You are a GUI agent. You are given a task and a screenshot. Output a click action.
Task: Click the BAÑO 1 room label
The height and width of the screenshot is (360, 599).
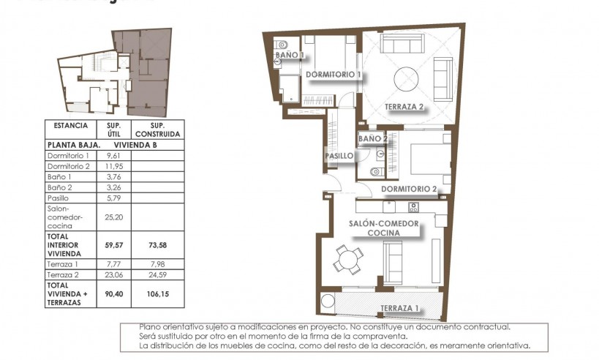click(289, 55)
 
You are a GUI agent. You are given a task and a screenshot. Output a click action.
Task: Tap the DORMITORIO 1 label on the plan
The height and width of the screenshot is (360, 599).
click(334, 75)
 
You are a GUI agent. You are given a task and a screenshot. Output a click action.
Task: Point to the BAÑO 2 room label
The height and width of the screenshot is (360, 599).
click(372, 138)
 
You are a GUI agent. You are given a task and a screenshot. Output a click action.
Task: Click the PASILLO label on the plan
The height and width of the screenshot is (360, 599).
click(339, 156)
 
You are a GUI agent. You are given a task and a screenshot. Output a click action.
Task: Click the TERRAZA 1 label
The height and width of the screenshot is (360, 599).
click(399, 308)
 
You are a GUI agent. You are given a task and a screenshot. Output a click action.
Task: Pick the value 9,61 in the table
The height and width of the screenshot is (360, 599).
click(113, 155)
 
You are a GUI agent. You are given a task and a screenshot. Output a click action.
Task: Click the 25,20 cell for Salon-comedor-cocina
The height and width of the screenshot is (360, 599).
click(113, 217)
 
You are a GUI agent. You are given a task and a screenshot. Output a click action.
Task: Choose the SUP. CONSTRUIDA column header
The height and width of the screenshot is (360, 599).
click(157, 130)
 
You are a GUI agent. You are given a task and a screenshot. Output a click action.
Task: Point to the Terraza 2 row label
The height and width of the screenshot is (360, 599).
click(61, 274)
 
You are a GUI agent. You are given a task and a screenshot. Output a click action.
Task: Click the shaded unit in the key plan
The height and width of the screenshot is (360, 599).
click(146, 73)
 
